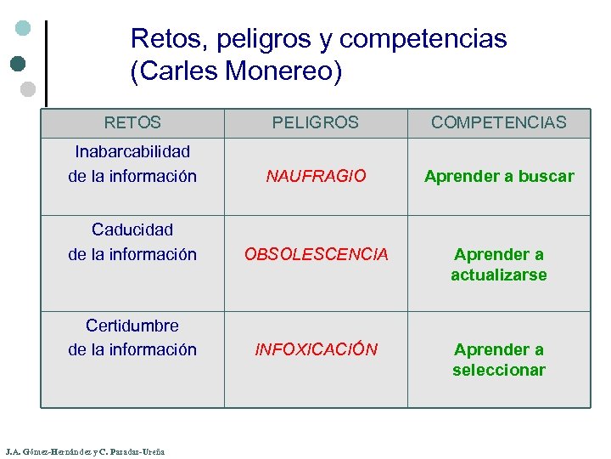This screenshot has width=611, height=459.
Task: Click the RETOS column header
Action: (x=132, y=122)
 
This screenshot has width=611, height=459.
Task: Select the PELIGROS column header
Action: (x=316, y=122)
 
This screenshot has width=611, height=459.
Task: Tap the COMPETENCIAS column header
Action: (x=499, y=122)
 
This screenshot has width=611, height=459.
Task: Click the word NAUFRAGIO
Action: (x=316, y=176)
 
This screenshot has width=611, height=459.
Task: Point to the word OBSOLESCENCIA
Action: (x=316, y=254)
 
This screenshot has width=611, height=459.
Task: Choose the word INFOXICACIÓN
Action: (x=316, y=349)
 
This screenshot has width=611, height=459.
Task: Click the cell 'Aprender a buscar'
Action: (x=499, y=177)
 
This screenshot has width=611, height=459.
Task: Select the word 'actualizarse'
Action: (x=499, y=275)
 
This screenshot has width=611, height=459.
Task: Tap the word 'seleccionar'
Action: (x=499, y=370)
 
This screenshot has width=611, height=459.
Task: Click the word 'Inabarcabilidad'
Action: (x=132, y=151)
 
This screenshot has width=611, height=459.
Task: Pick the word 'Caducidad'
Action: (x=132, y=229)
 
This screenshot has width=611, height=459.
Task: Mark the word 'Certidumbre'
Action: (x=132, y=325)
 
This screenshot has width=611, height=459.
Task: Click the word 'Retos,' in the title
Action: (x=170, y=39)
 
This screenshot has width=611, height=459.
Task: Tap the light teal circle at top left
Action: (x=24, y=28)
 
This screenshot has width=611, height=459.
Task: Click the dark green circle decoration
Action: (x=20, y=62)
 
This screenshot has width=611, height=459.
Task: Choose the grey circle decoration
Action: (x=27, y=88)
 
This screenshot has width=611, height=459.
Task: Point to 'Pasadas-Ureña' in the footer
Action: (x=137, y=451)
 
